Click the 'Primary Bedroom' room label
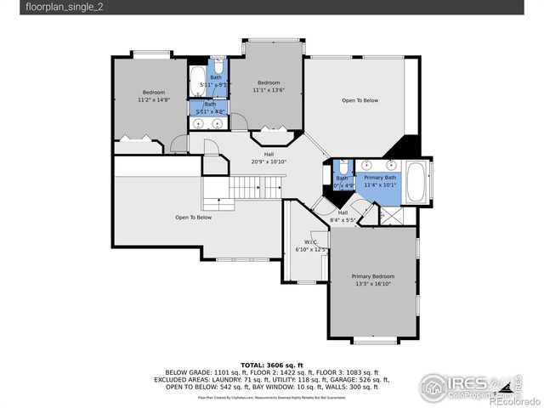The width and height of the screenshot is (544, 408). pos(373,276)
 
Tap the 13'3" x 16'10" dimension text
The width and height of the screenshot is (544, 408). pos(373,285)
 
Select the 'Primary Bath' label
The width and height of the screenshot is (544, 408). pos(381,177)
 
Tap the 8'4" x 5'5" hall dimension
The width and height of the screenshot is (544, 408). pos(343,220)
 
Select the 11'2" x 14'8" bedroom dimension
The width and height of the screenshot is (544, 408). pos(154,99)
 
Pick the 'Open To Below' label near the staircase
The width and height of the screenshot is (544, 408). pos(193,218)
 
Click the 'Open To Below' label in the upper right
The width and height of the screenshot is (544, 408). pos(360,100)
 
